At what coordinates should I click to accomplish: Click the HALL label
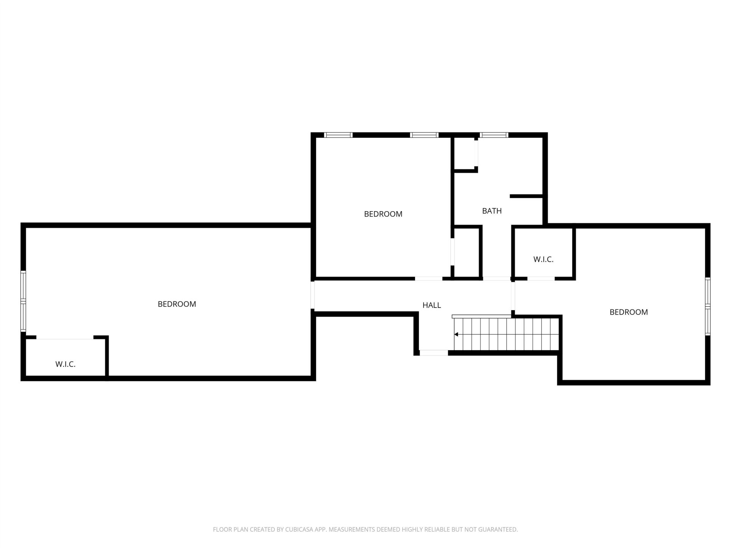coord(432,305)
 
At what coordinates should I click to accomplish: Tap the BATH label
coord(492,211)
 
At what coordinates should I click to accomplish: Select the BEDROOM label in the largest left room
coord(177,304)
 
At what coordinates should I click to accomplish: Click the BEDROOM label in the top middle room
coord(383,214)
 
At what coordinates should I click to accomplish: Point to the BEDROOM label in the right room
coord(629,312)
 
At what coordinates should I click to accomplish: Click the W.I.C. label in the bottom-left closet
coord(65,364)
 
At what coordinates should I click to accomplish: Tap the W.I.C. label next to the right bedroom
coord(543,260)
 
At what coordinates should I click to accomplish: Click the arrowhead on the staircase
coord(456,335)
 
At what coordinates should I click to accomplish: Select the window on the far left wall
coord(23,301)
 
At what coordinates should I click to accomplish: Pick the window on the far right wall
coord(708,306)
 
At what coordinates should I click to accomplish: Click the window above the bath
coord(494,135)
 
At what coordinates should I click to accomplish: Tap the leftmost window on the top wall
coord(338,135)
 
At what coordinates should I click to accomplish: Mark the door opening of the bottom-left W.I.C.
coord(65,338)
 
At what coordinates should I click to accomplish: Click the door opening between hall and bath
coord(496,279)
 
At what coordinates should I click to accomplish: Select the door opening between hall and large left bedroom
coord(313,295)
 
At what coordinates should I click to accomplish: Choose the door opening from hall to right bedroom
coord(513,296)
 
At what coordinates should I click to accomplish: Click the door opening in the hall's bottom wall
coord(434,353)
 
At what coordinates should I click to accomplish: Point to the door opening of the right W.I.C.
coord(541,279)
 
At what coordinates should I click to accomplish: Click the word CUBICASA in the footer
coord(300,529)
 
